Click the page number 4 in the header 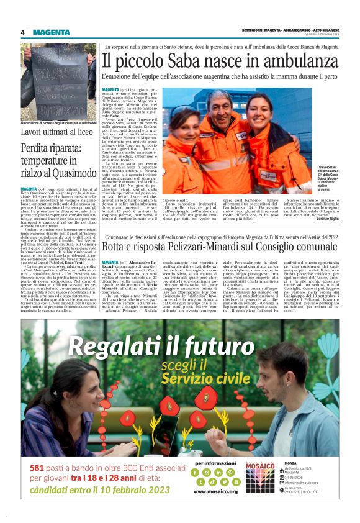point(23,32)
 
